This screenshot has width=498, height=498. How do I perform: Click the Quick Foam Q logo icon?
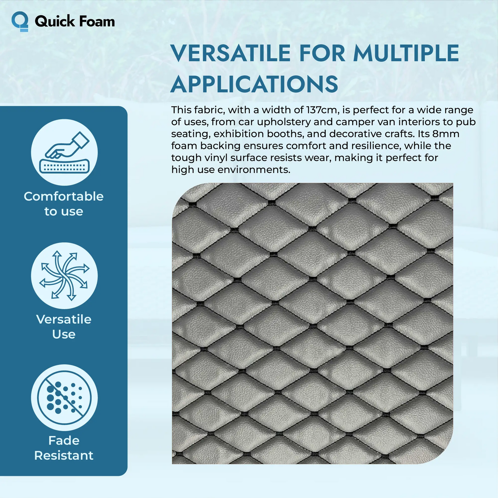coord(20,21)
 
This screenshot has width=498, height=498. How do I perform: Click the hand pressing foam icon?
coord(64,152)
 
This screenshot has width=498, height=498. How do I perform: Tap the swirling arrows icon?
coord(64,275)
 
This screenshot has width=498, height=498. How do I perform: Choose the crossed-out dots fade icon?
coord(64,398)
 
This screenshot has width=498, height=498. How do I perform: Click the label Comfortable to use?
coord(64,204)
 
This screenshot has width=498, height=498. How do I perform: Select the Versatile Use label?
coord(64,326)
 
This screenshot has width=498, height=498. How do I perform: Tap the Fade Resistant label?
coord(64,448)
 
